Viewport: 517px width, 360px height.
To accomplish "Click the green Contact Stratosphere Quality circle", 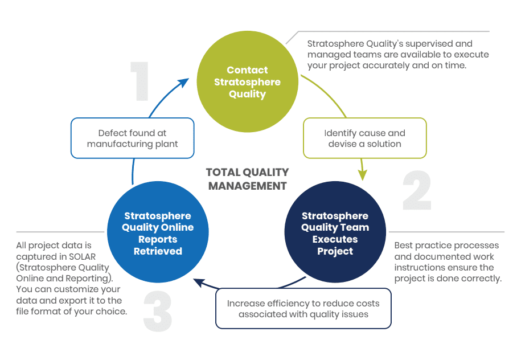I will pyautogui.click(x=247, y=82).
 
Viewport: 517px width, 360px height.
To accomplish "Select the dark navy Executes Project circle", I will pyautogui.click(x=335, y=234).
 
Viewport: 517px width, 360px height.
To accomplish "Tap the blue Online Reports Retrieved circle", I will pyautogui.click(x=158, y=234).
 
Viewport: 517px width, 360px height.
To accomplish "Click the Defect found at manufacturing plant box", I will pyautogui.click(x=132, y=138).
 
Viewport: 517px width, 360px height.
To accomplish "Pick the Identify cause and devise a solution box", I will pyautogui.click(x=364, y=138).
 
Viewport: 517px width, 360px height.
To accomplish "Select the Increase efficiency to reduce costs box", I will pyautogui.click(x=303, y=308).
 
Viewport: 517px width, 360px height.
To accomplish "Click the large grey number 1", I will pyautogui.click(x=140, y=82).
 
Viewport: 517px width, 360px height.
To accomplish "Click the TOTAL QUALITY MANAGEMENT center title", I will pyautogui.click(x=247, y=179).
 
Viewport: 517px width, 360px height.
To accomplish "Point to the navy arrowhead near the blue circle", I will pyautogui.click(x=198, y=280).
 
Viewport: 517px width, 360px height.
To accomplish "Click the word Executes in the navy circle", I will pyautogui.click(x=335, y=239).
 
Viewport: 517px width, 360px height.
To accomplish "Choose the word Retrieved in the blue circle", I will pyautogui.click(x=158, y=251).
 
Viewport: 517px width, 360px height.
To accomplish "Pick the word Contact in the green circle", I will pyautogui.click(x=247, y=70).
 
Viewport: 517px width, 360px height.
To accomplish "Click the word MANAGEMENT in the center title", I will pyautogui.click(x=247, y=186).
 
